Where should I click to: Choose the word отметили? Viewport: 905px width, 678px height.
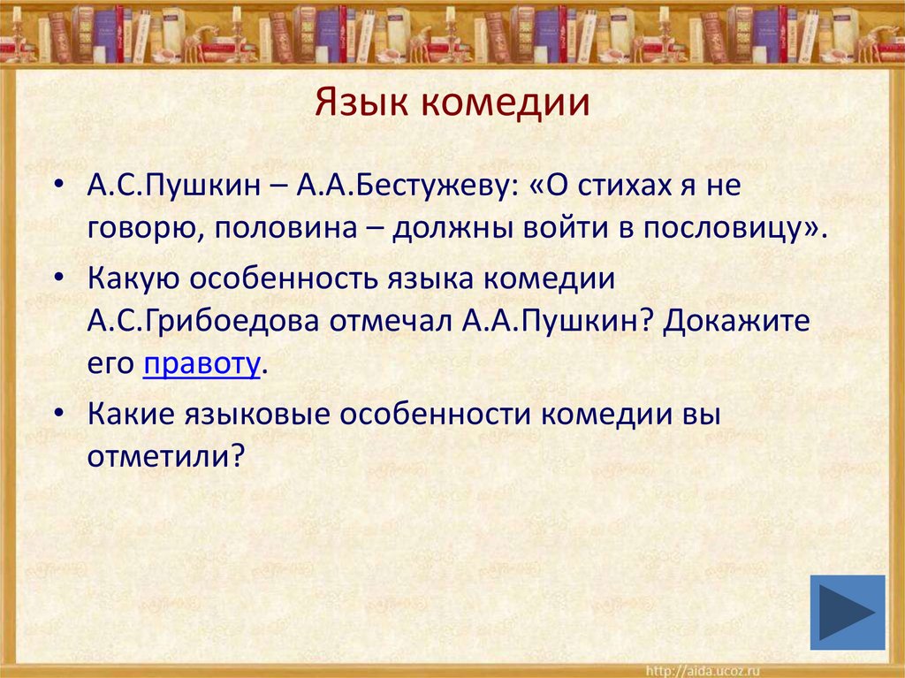[x=164, y=457]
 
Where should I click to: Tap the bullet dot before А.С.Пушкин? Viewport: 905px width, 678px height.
[x=57, y=187]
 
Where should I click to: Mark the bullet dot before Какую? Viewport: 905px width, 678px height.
[x=57, y=278]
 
